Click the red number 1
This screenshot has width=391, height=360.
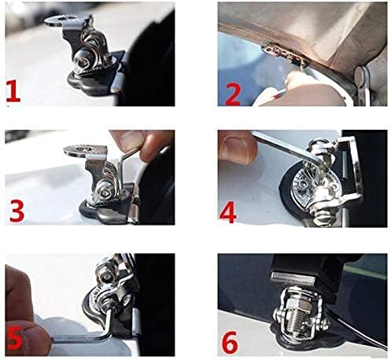click(13, 91)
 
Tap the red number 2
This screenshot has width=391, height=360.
click(232, 95)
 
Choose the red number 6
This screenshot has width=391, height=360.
click(230, 343)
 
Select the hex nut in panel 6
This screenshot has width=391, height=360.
click(297, 303)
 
